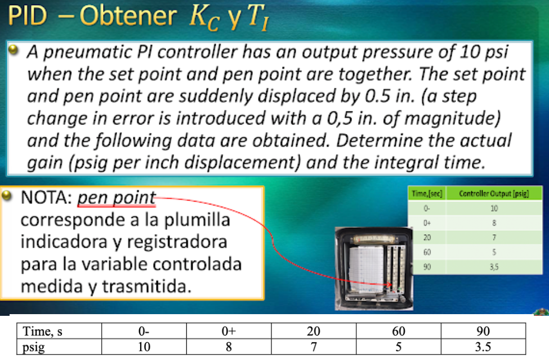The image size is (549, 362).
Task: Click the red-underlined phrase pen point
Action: (116, 198)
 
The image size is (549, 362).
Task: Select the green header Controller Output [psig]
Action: (486, 194)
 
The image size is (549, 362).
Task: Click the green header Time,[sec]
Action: (427, 194)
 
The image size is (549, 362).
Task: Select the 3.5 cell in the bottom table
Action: (483, 346)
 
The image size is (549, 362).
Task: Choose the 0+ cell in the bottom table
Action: (229, 331)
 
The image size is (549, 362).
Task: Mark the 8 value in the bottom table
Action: (229, 346)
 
